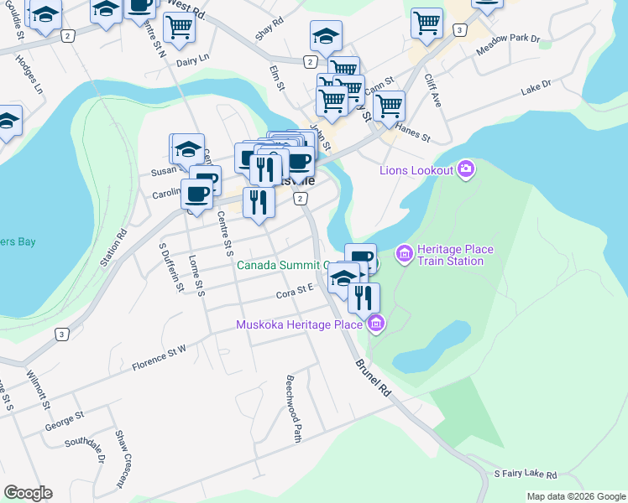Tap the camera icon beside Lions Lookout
pos(466,171)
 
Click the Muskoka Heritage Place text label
pos(299,324)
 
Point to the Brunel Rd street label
pos(373,378)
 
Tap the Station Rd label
pos(113,248)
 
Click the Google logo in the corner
pos(28,493)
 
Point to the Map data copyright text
pos(575,496)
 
